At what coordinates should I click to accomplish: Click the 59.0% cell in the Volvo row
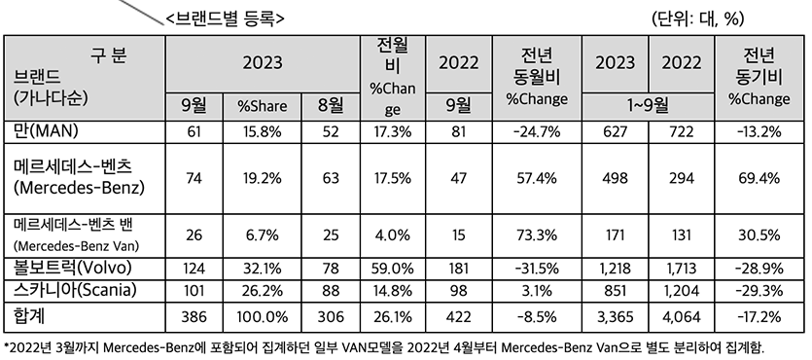click(392, 269)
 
